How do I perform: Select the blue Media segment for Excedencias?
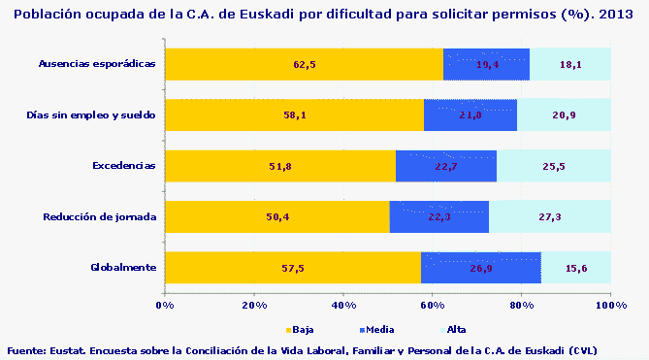click(x=446, y=166)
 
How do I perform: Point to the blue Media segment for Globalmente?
click(x=480, y=267)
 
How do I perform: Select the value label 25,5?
click(x=555, y=166)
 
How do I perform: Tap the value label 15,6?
click(x=576, y=267)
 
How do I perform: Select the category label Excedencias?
click(x=123, y=166)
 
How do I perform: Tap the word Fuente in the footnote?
click(x=26, y=350)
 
